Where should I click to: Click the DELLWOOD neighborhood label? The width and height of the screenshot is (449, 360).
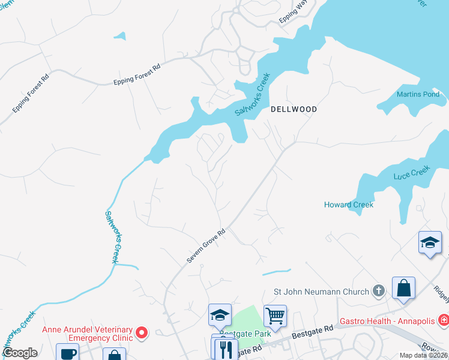tap(294, 110)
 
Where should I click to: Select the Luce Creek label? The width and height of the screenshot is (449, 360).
tap(412, 173)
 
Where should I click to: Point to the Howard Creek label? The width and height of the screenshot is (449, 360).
tap(349, 205)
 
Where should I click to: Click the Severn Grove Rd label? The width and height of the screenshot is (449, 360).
tap(205, 245)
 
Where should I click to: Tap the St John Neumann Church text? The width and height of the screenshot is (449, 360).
tap(321, 292)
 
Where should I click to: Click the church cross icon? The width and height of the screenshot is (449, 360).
tap(378, 292)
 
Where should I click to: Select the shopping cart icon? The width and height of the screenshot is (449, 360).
tap(275, 316)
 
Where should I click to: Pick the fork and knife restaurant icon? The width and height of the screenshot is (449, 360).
tap(226, 349)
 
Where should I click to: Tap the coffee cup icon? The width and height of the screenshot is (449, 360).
tap(67, 353)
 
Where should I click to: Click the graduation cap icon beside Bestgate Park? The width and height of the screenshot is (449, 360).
tap(220, 314)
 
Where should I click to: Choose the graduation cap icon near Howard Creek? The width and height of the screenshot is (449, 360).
tap(430, 242)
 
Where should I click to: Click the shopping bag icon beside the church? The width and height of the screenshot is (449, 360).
tap(403, 287)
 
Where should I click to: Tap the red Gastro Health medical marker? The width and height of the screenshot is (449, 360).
tap(443, 320)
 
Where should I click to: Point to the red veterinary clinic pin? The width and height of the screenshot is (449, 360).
tap(142, 332)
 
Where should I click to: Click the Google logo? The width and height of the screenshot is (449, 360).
tap(19, 353)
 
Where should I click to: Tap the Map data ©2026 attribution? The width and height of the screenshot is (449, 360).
tap(423, 355)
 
